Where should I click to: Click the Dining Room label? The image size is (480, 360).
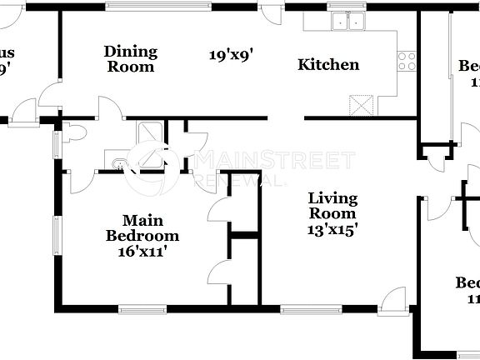click(130, 59)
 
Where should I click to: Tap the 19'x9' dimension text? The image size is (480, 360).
click(230, 56)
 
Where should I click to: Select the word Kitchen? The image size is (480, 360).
click(328, 65)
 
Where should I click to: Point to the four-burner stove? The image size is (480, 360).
click(407, 61)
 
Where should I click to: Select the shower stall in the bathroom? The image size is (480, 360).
click(150, 134)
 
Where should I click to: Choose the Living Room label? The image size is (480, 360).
click(332, 206)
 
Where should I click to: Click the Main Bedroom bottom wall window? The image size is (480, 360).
click(142, 310)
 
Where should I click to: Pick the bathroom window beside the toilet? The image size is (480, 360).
click(56, 142)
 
